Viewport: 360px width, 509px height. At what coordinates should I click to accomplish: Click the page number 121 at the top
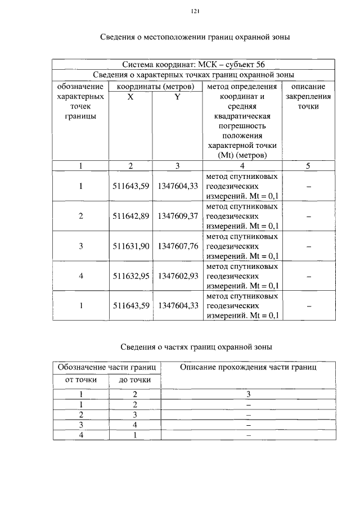[196, 11]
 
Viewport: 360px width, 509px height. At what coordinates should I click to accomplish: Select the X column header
[130, 97]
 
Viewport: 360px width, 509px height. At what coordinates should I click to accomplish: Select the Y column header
[177, 97]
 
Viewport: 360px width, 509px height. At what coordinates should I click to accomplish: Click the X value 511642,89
[130, 216]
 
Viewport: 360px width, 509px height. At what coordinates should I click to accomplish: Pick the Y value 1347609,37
[178, 216]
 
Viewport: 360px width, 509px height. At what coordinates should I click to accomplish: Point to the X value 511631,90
[130, 246]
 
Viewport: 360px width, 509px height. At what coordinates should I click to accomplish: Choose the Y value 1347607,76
[178, 246]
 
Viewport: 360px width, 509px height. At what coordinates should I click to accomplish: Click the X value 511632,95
[130, 276]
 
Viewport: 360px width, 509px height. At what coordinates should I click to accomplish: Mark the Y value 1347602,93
[178, 276]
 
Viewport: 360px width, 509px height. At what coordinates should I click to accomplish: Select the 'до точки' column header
[134, 380]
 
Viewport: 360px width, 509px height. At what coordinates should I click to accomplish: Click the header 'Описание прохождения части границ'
[248, 367]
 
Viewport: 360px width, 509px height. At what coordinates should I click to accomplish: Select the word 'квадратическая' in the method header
[242, 116]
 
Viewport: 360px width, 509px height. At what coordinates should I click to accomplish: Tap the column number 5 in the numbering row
[308, 165]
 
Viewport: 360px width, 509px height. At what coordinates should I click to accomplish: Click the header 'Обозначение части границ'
[107, 367]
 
